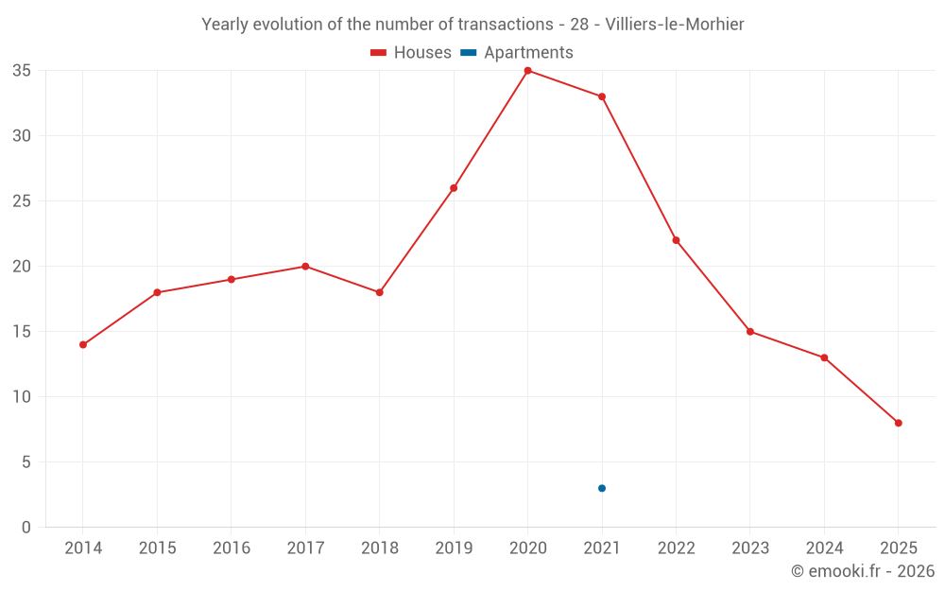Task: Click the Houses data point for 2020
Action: coord(527,71)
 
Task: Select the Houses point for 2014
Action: coord(83,344)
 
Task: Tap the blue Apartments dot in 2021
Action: coord(602,488)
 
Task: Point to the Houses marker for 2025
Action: coord(898,423)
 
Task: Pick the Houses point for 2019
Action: coord(454,188)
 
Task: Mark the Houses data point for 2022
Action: coord(676,240)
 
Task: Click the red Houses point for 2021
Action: coord(602,96)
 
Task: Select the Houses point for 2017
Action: coord(305,267)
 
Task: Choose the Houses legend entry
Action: coord(411,53)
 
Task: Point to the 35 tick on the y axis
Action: coord(22,71)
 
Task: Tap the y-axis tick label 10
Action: coord(22,397)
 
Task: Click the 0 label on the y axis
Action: coord(26,528)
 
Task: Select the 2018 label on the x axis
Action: coord(379,548)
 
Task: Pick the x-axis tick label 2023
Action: coord(749,548)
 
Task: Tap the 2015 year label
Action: coord(157,548)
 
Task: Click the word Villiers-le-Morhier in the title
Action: coord(675,24)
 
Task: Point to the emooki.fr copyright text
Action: coord(862,571)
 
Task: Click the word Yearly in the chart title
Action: coord(226,24)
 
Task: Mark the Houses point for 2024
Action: coord(824,357)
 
